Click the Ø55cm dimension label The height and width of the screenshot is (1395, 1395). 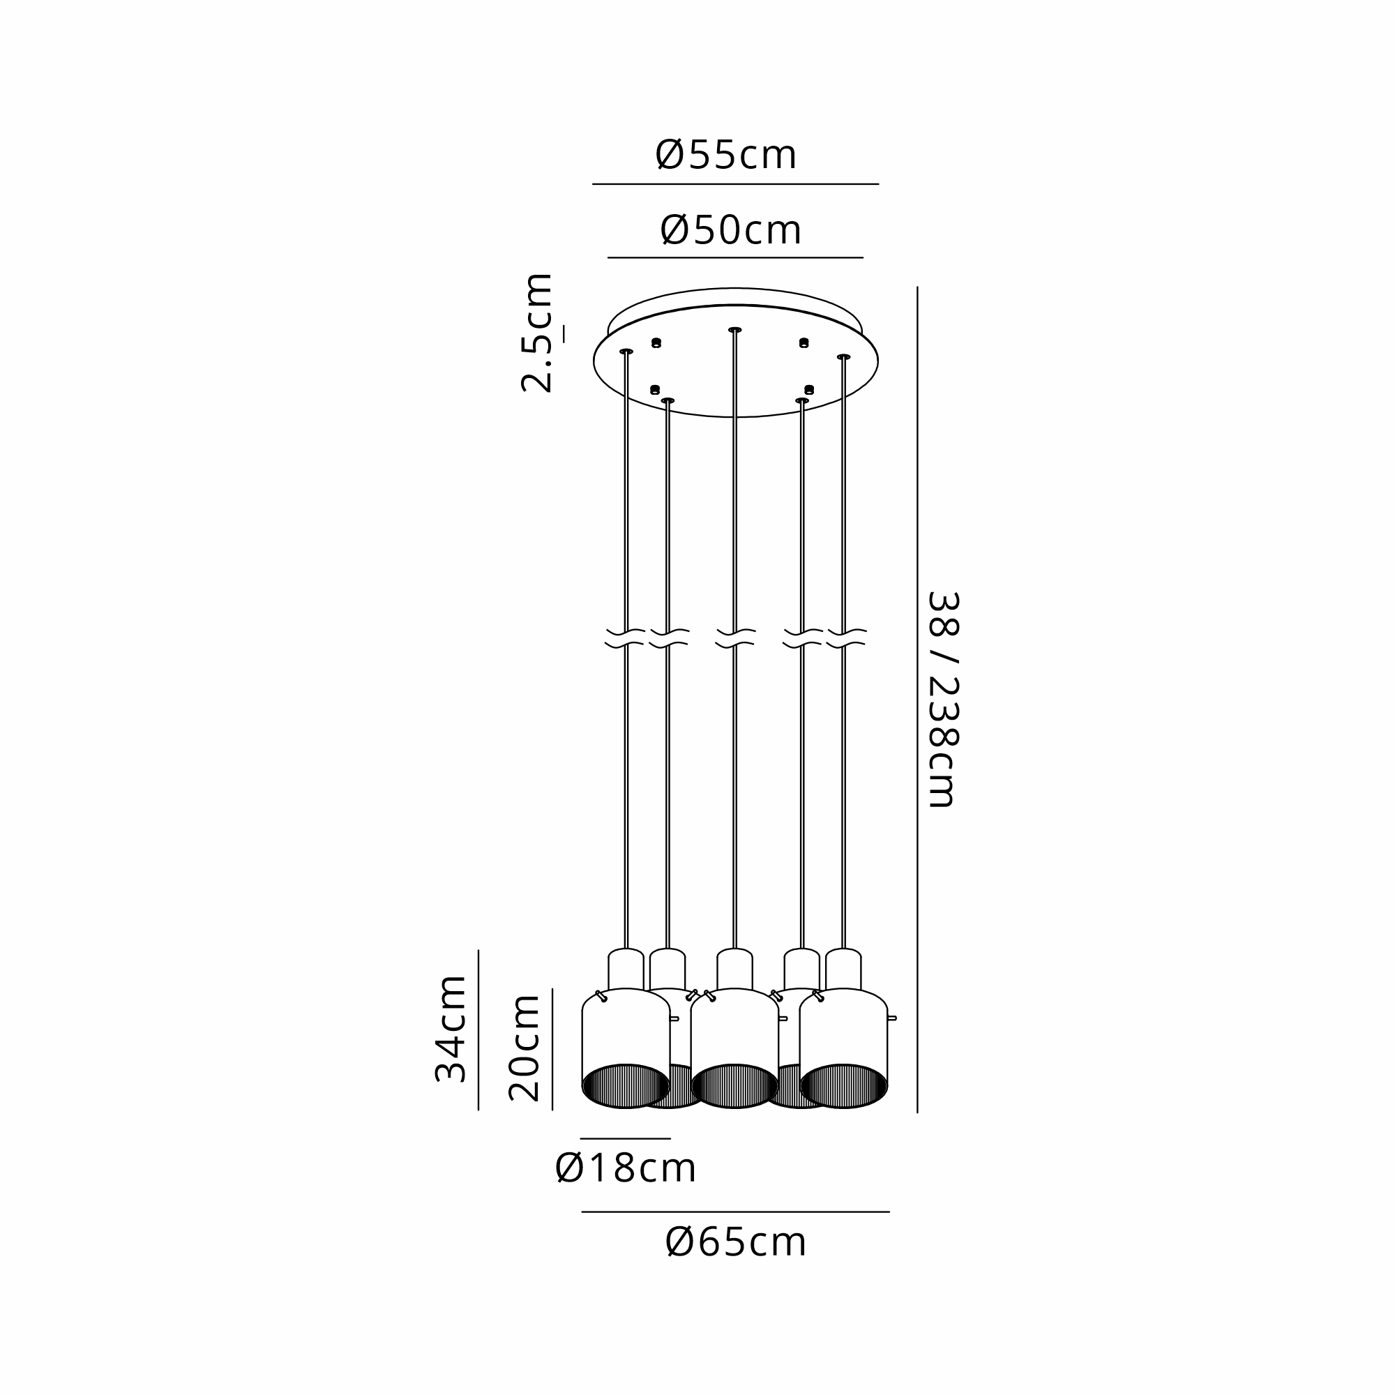coord(725,155)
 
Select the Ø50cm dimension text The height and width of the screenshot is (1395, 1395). coord(731,230)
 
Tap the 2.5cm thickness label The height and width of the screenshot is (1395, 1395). coord(537,333)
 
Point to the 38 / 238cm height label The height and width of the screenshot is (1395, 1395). coord(942,699)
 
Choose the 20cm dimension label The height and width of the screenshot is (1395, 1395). coord(525,1048)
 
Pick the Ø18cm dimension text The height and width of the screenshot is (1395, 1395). coord(625,1168)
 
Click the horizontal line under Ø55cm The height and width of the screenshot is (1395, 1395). coord(735,184)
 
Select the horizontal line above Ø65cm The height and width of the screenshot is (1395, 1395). coord(735,1212)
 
